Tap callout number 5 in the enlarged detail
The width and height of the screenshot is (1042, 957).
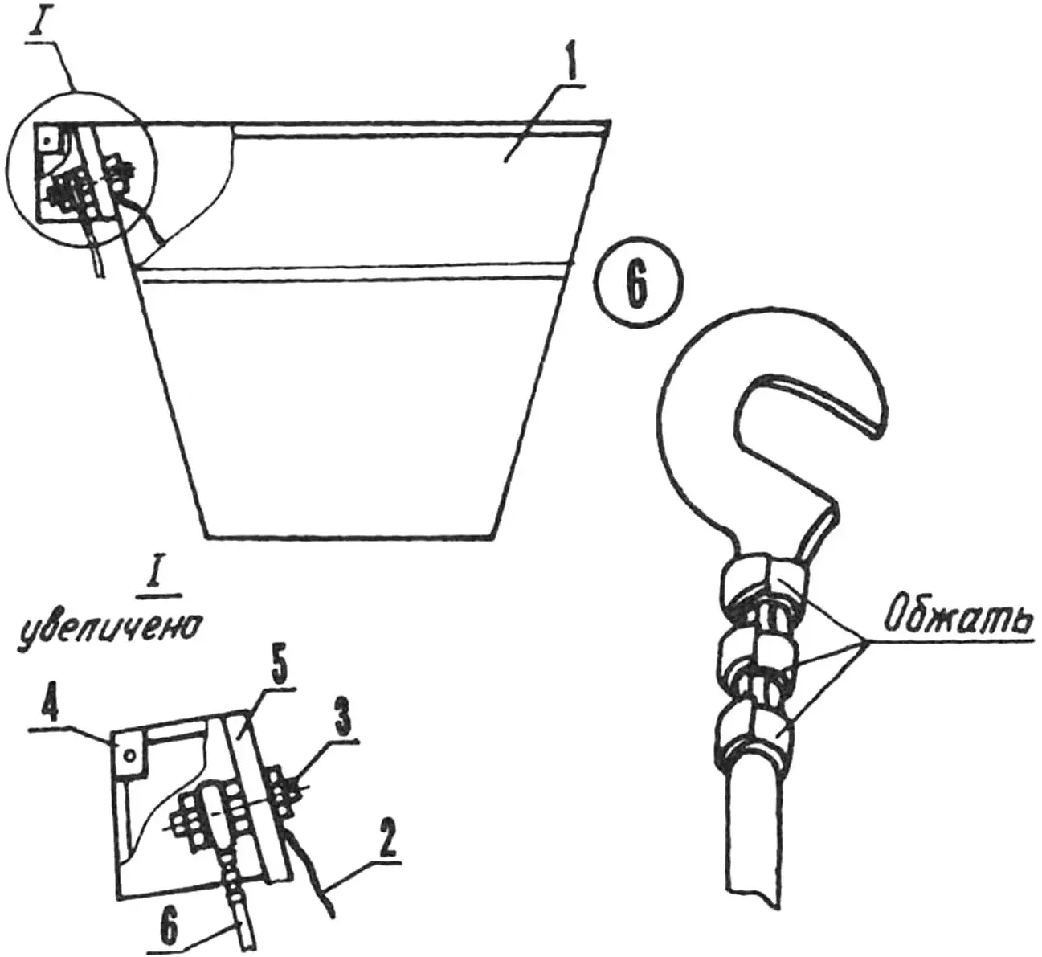pyautogui.click(x=277, y=668)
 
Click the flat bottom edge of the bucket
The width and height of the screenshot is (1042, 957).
pyautogui.click(x=348, y=537)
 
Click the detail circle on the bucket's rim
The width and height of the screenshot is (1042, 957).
pyautogui.click(x=82, y=167)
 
